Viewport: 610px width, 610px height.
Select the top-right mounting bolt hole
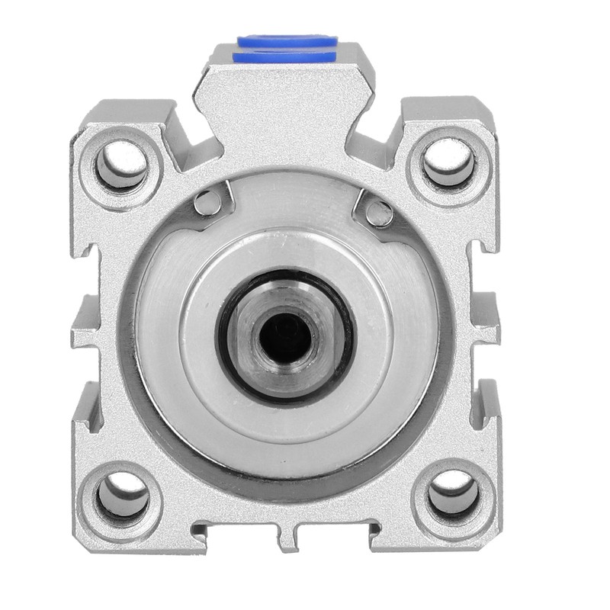click(x=450, y=162)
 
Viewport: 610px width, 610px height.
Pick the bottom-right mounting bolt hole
click(x=454, y=495)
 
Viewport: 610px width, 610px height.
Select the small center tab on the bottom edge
click(x=287, y=538)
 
